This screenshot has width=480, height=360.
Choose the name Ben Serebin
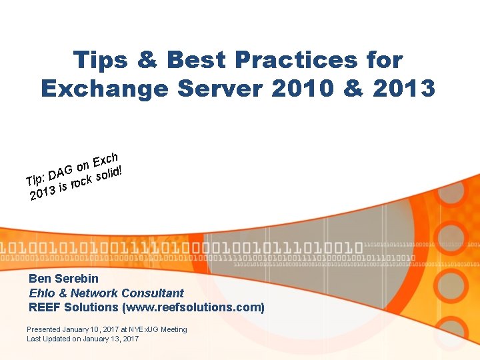(x=63, y=279)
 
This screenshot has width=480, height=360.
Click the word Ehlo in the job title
(x=41, y=293)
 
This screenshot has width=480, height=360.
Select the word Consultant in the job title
(x=154, y=293)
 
